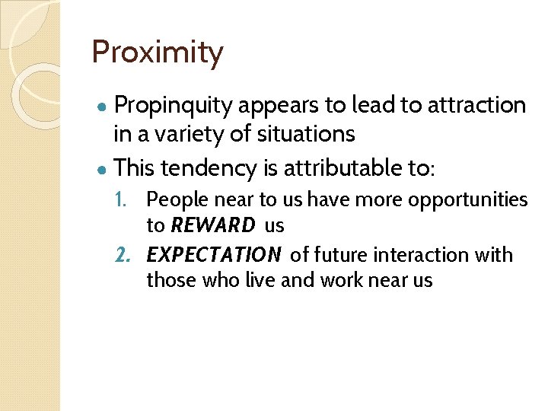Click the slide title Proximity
(158, 53)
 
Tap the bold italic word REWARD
(213, 226)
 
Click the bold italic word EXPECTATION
(214, 255)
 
